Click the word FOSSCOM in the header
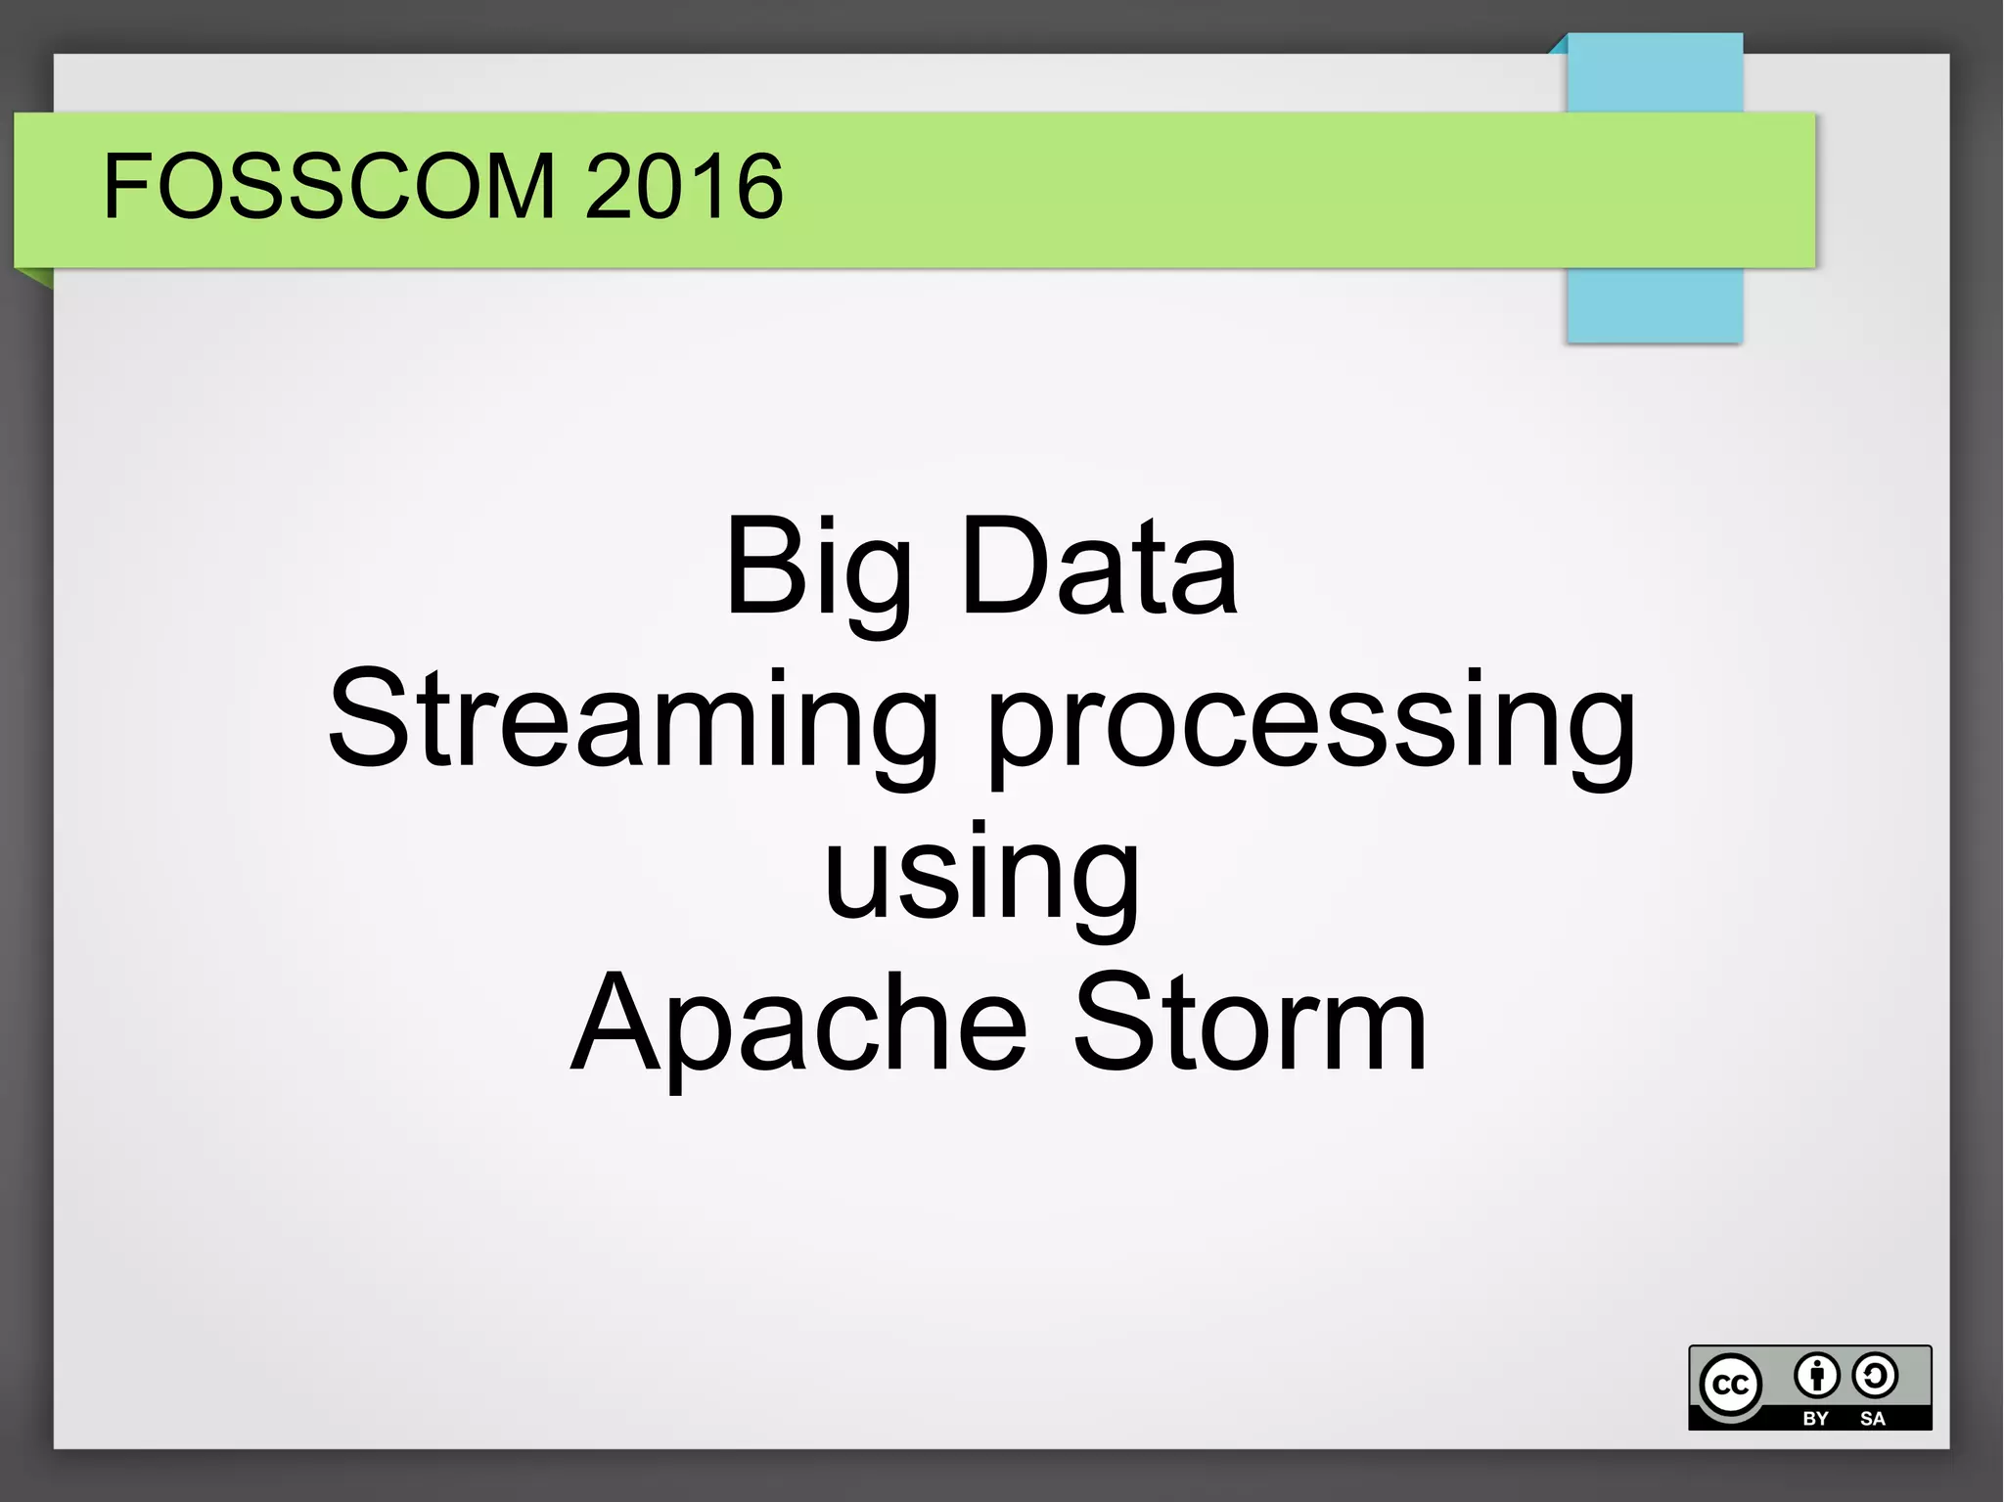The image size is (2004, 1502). (x=329, y=186)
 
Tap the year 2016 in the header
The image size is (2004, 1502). (x=684, y=186)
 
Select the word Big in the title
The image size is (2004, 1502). (x=817, y=572)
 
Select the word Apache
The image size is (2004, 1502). (x=798, y=1027)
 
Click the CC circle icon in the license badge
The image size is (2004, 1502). (x=1730, y=1385)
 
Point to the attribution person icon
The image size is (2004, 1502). (x=1817, y=1376)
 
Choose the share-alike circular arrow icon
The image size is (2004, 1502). (x=1874, y=1376)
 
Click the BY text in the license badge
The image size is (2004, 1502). (x=1815, y=1419)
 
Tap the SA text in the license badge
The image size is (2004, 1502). (x=1872, y=1419)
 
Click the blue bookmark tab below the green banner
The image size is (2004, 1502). (x=1654, y=304)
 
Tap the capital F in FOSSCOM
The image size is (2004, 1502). (x=124, y=186)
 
